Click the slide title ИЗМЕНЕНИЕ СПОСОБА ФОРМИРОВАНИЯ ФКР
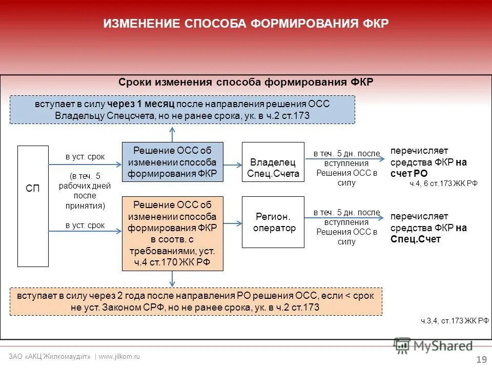(246, 24)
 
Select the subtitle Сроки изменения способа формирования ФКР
(246, 83)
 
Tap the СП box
(33, 207)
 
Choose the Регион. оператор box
(273, 222)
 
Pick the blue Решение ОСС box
(173, 162)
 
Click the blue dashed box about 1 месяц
(182, 110)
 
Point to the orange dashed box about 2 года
(196, 301)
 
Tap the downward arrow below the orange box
(173, 279)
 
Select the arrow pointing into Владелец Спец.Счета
(233, 165)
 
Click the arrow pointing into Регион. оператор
(233, 223)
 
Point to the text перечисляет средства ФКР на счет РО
(428, 162)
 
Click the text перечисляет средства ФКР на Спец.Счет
(428, 228)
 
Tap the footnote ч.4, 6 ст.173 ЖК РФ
(443, 183)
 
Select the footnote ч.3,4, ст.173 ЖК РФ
(455, 321)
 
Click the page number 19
(481, 359)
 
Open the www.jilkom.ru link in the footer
(119, 356)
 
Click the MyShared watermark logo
(433, 346)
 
